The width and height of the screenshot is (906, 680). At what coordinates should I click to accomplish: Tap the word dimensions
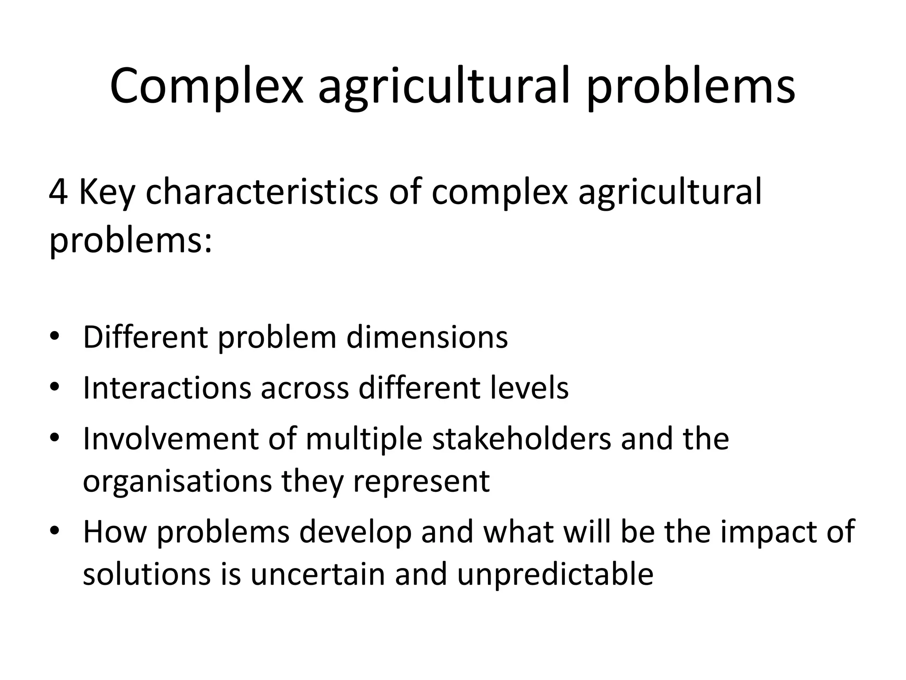coord(427,337)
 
